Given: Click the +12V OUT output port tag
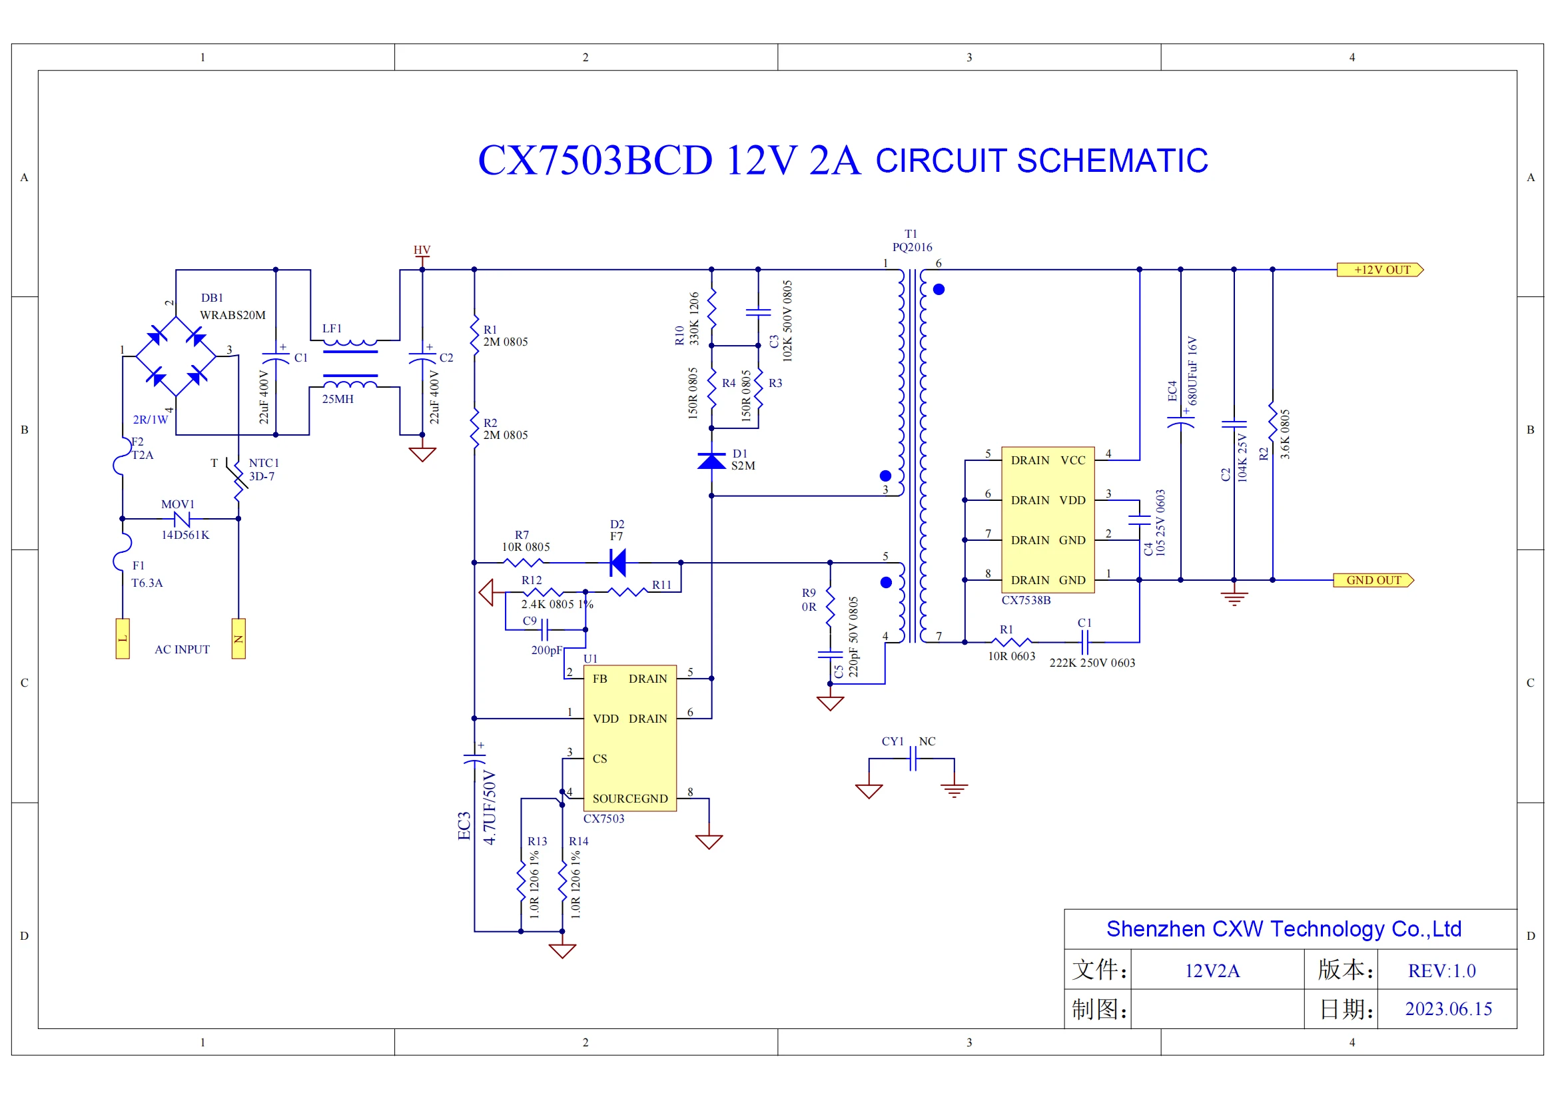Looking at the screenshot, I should [x=1380, y=270].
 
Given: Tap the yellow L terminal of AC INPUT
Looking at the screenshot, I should [x=123, y=639].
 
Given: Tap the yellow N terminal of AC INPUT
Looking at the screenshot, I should [x=238, y=639].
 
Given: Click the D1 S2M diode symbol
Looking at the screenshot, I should [x=711, y=462].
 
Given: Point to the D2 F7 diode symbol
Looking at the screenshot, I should [x=617, y=562].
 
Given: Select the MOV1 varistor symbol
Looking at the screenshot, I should [x=181, y=519].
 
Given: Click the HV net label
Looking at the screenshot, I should [x=422, y=250].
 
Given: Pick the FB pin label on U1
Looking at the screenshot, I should [x=600, y=679].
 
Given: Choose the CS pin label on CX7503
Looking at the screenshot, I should [x=600, y=759].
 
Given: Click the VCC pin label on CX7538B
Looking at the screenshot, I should [x=1073, y=461].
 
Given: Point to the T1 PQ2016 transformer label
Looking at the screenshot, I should [x=911, y=241].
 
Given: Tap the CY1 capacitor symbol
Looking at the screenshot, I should [x=913, y=759].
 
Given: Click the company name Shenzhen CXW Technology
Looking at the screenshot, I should [x=1284, y=929].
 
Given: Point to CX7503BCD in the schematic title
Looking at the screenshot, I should [x=595, y=161].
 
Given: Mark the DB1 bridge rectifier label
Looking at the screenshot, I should [x=212, y=298].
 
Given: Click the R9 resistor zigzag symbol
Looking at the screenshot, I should [x=830, y=610].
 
